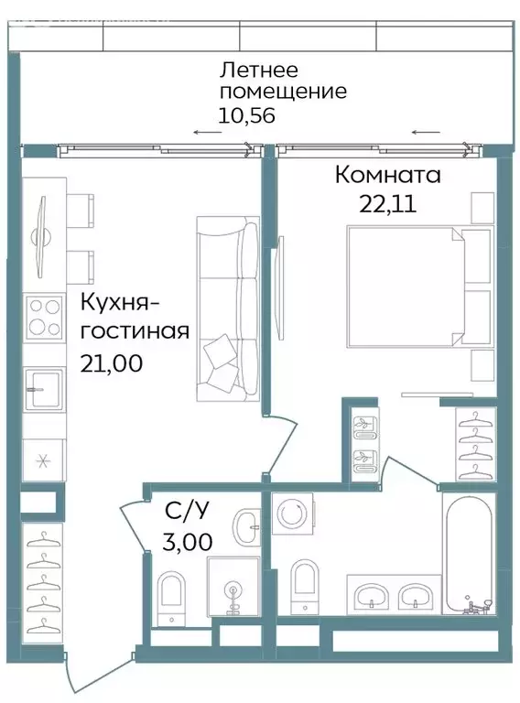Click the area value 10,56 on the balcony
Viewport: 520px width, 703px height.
[x=246, y=115]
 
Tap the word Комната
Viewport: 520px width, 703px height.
[x=387, y=174]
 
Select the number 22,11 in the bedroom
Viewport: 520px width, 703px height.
[x=387, y=204]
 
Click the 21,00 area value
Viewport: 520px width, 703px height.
[x=116, y=363]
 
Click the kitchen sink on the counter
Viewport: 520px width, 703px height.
[x=43, y=389]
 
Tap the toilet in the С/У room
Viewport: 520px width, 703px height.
[x=171, y=595]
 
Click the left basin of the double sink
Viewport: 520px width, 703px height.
[x=372, y=598]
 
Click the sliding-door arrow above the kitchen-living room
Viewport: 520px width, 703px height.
[x=208, y=133]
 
